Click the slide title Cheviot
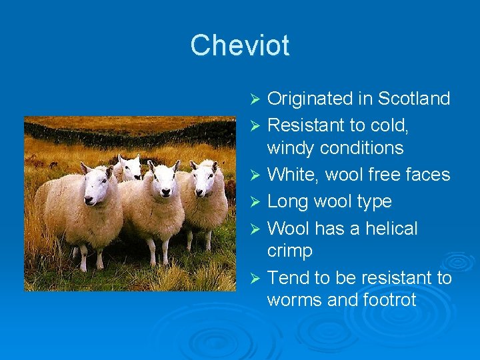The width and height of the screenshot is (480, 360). (239, 45)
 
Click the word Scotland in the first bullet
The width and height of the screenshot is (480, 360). (413, 99)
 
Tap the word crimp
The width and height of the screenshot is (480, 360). (290, 251)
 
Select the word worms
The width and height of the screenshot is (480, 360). (295, 300)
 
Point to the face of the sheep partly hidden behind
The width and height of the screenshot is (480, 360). (129, 167)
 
